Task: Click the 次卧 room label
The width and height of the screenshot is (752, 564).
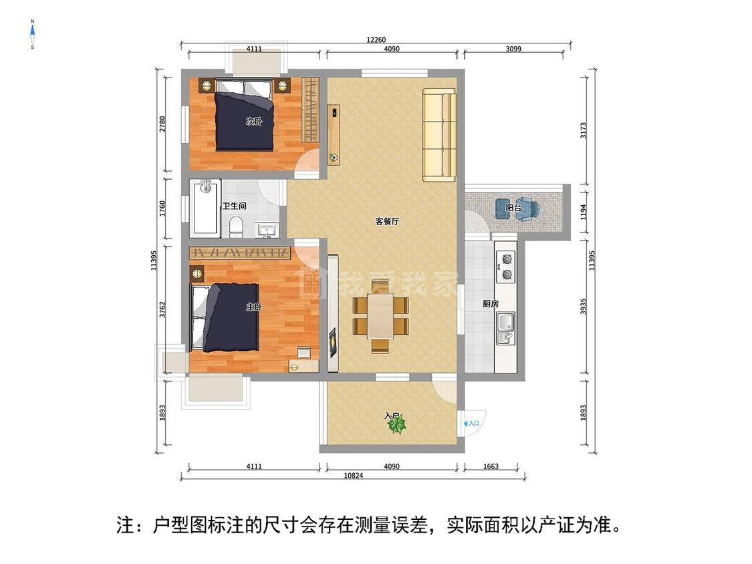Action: [253, 122]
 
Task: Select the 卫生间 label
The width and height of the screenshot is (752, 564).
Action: [235, 206]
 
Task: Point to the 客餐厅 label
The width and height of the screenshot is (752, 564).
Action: [387, 222]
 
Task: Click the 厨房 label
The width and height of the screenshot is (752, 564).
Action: [491, 304]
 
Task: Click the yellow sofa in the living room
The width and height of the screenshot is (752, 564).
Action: [439, 136]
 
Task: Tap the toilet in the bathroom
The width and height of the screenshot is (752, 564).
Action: [235, 227]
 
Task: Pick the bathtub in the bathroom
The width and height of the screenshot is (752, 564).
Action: [205, 207]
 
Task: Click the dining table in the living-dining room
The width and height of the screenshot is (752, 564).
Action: [380, 317]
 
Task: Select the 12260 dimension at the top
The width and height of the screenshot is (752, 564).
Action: [376, 39]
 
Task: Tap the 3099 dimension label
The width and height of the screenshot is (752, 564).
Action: [514, 49]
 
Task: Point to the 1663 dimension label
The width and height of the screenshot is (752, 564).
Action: [491, 466]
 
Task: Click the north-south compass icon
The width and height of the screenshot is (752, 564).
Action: [32, 34]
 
